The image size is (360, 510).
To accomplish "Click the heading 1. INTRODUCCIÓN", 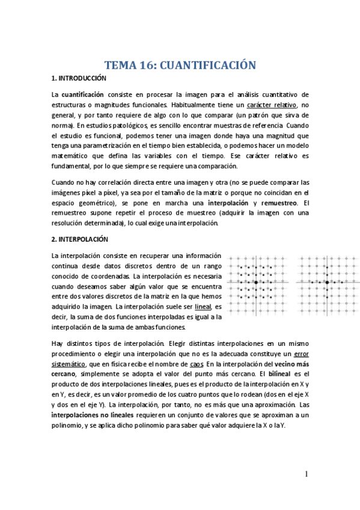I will coord(79,79).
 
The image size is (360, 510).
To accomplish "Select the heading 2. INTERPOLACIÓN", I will coord(79,239).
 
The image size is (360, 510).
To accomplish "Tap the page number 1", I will coord(306,475).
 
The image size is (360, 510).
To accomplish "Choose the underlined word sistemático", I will coord(73,365).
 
